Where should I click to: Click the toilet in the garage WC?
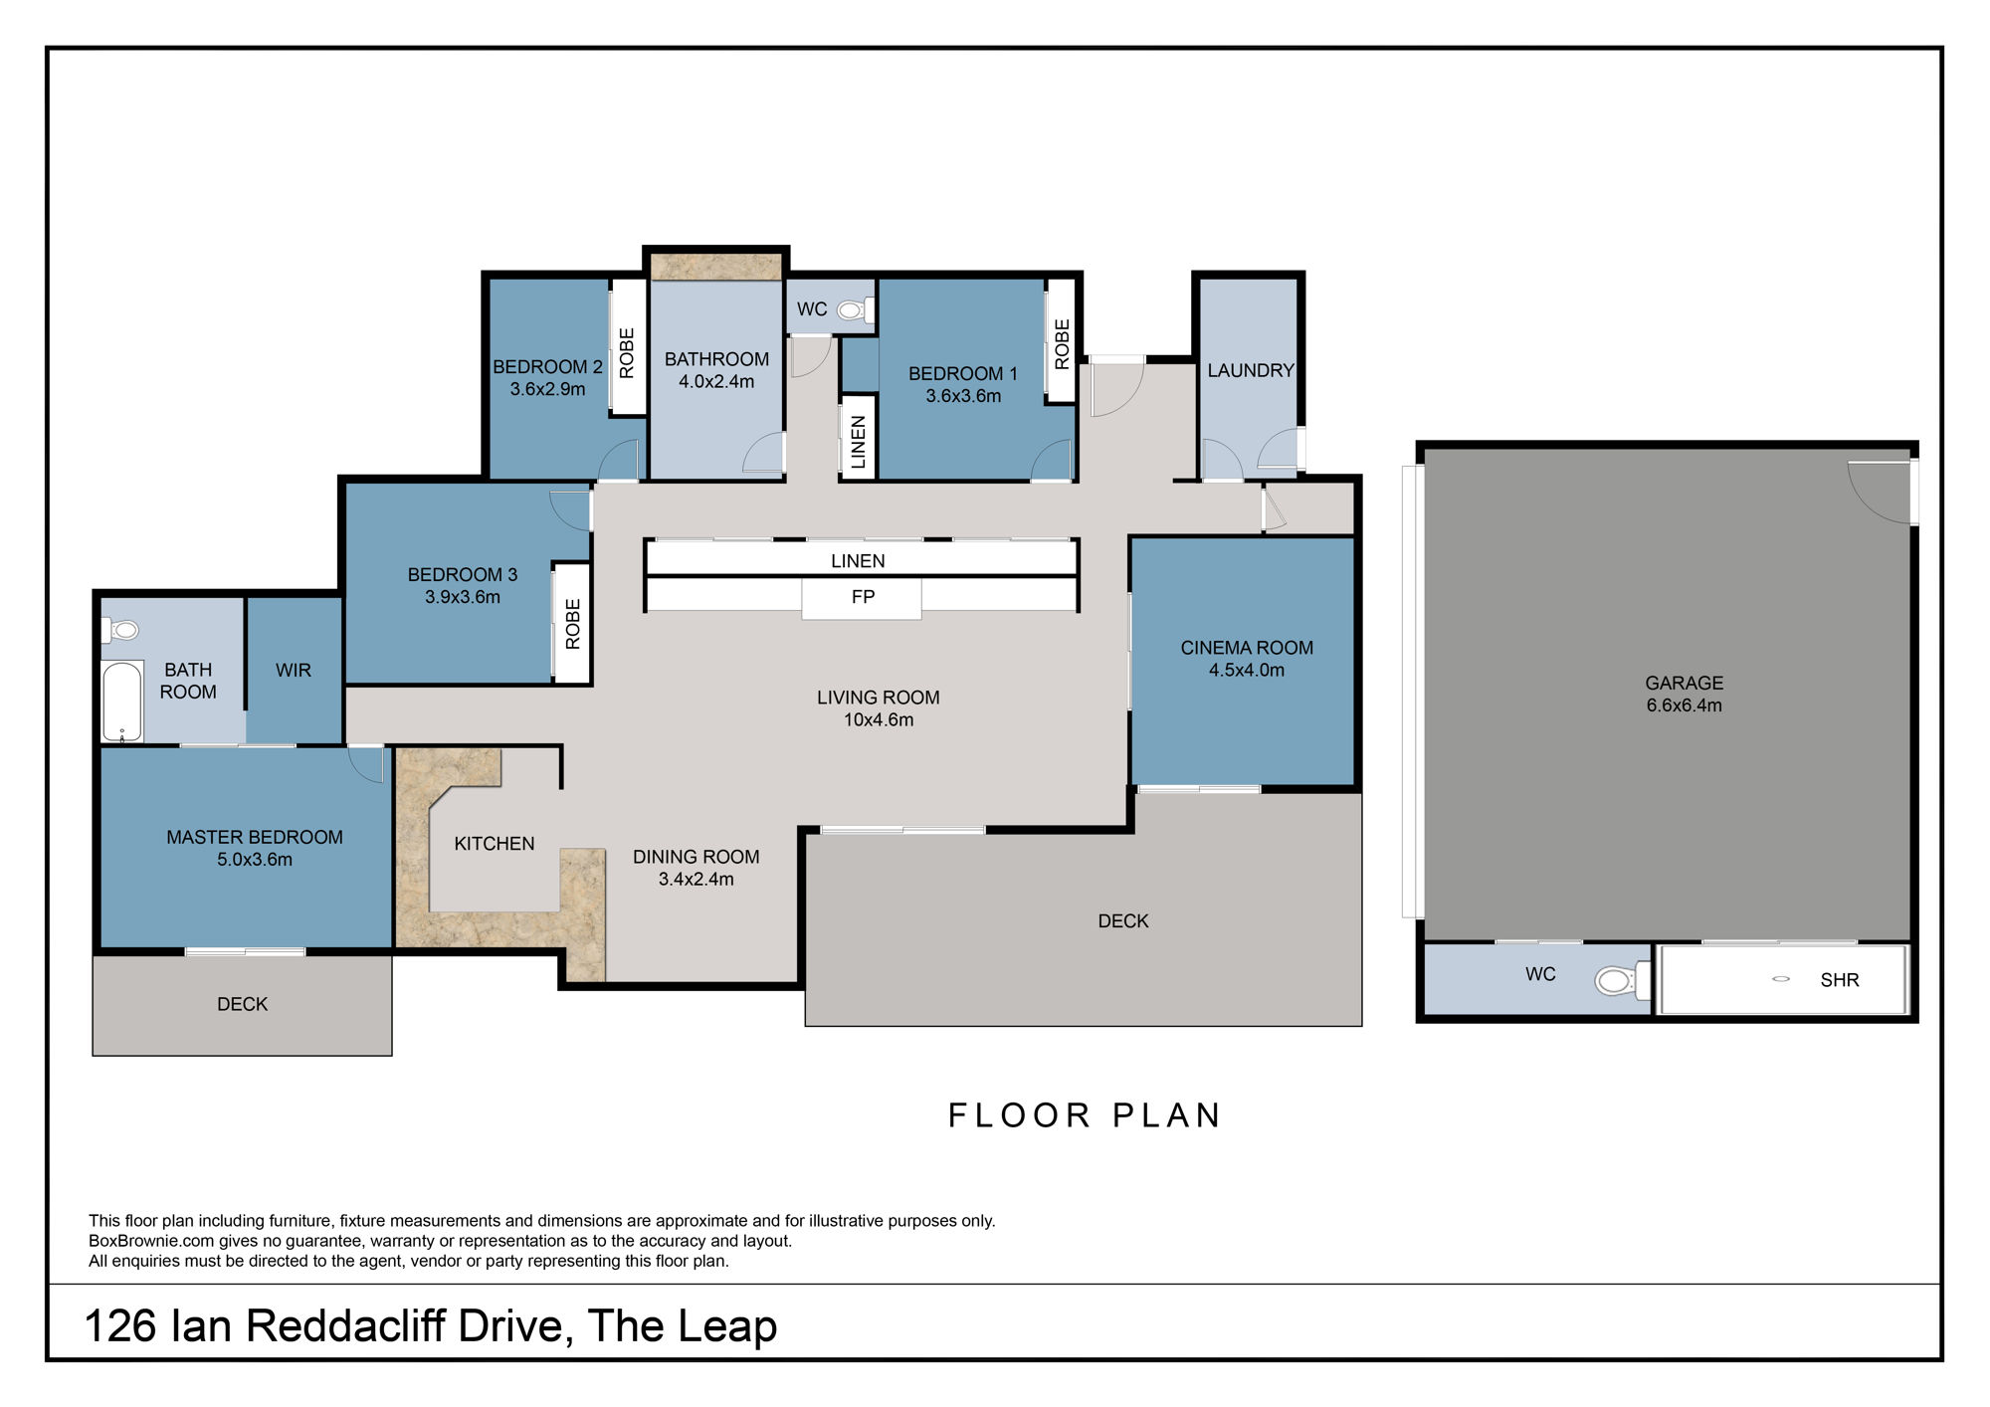point(1615,981)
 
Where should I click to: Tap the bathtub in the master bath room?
point(122,702)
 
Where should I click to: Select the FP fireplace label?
point(863,597)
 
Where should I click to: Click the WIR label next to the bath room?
point(294,671)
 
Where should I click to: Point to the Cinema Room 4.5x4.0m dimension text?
point(1246,671)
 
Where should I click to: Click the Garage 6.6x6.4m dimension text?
point(1684,705)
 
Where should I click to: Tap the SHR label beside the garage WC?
point(1839,980)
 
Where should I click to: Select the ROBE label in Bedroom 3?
point(573,624)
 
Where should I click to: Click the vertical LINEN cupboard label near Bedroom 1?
point(859,442)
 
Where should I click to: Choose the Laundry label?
point(1250,371)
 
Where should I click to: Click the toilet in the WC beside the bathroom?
point(851,310)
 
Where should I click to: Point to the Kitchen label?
point(494,844)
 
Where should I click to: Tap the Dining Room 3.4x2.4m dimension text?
point(696,880)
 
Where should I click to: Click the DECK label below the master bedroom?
point(242,1004)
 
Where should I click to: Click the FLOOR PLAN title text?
point(1085,1115)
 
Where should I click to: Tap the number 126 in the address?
point(120,1326)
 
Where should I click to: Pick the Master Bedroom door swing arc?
point(366,764)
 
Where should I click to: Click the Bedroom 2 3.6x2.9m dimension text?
point(547,389)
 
